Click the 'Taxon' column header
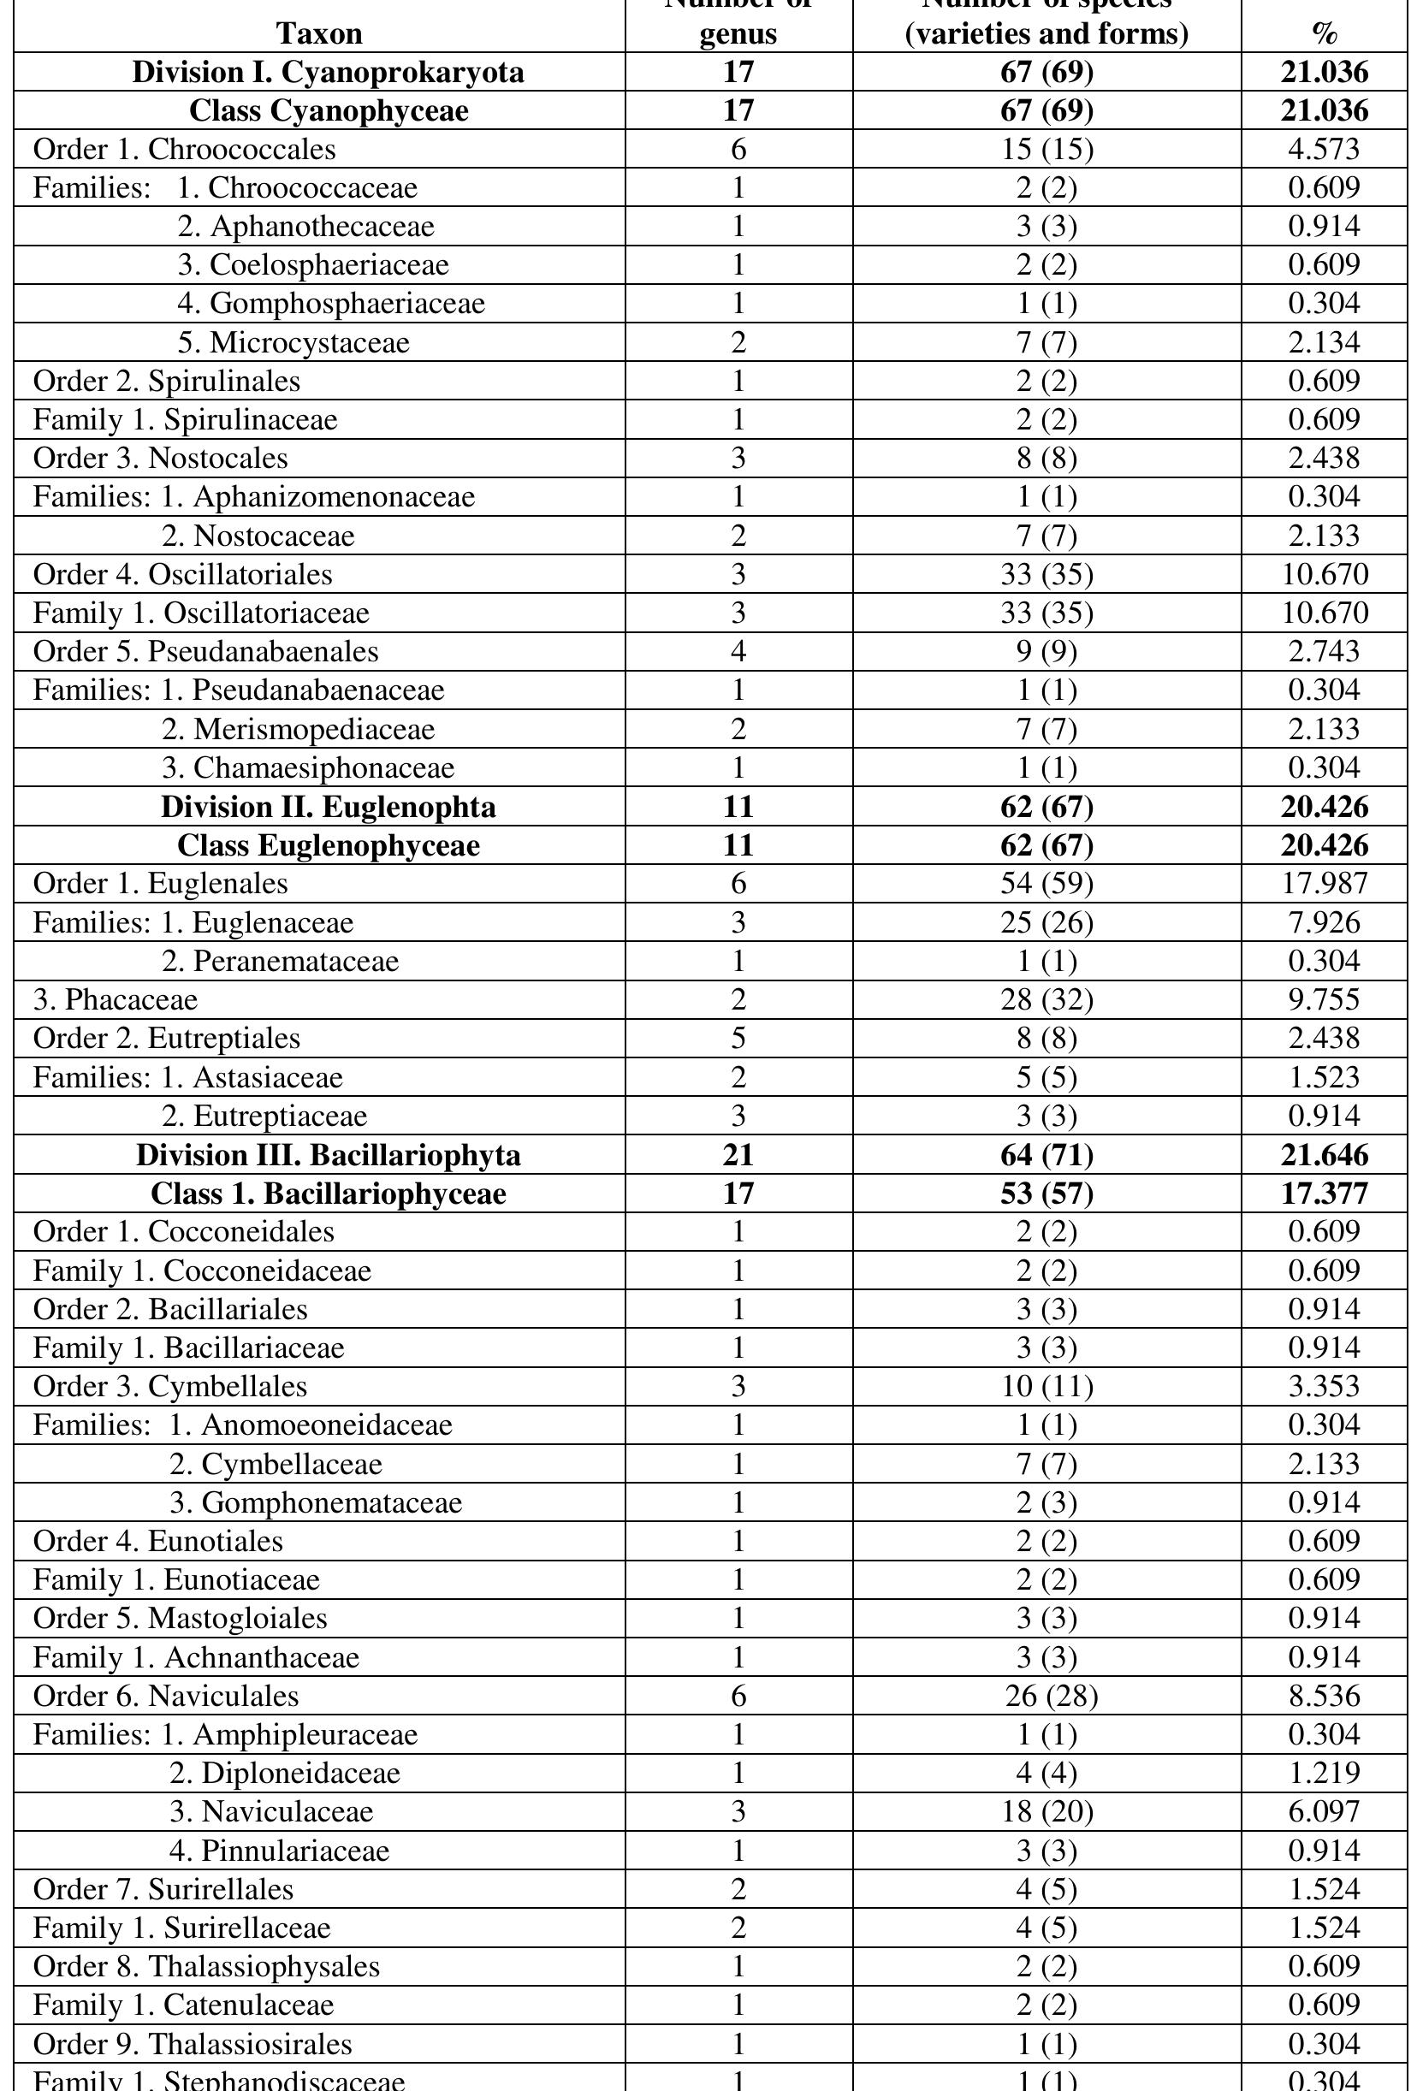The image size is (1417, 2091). click(x=319, y=33)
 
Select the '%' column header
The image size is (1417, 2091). click(x=1324, y=33)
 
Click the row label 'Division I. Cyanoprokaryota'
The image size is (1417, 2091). click(x=328, y=72)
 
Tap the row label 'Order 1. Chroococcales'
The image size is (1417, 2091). click(x=185, y=150)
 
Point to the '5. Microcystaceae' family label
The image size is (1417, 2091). click(x=293, y=343)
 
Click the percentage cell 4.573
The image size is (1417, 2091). click(x=1324, y=150)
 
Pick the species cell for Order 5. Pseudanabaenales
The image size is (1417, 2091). click(x=1046, y=651)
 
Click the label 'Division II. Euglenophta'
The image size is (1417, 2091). click(x=328, y=807)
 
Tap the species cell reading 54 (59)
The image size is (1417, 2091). click(x=1046, y=884)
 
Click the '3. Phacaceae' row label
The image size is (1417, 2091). click(x=116, y=999)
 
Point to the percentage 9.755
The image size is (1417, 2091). click(x=1324, y=999)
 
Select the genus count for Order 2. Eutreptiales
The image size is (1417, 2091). click(x=738, y=1039)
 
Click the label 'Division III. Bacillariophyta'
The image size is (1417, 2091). click(x=328, y=1155)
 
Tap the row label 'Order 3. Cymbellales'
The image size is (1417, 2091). click(x=170, y=1387)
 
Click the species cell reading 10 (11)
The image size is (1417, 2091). click(x=1046, y=1387)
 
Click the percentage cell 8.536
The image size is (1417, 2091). click(x=1324, y=1696)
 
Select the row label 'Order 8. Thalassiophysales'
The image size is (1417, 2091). click(x=207, y=1967)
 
